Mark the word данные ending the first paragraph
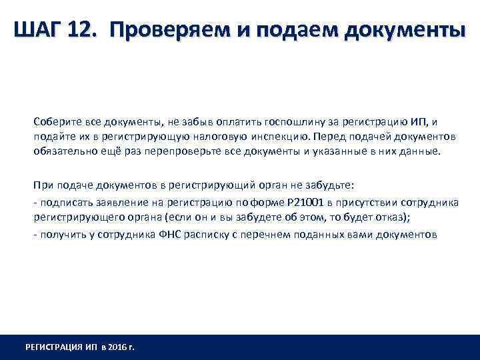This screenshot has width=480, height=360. (x=420, y=151)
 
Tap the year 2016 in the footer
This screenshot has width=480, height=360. (x=115, y=347)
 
